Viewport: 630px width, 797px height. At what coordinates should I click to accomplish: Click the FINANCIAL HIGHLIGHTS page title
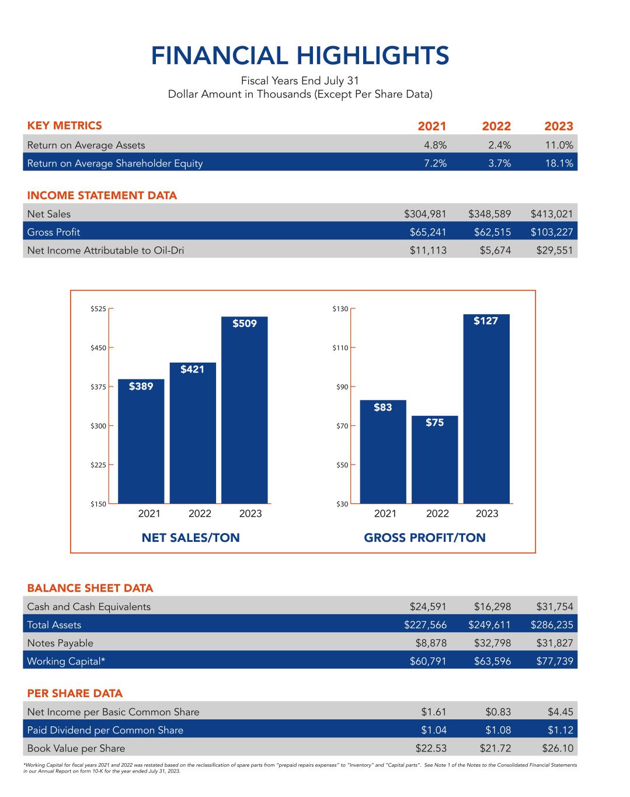tap(300, 56)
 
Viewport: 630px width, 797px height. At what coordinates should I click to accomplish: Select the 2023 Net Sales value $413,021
tap(552, 214)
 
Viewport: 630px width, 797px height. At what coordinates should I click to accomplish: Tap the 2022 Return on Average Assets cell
tap(499, 145)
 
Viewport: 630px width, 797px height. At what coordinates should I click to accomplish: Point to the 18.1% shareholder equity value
tap(559, 163)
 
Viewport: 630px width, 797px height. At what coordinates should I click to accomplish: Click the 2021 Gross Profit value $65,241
tap(428, 232)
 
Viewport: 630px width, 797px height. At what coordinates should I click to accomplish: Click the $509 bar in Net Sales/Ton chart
tap(244, 409)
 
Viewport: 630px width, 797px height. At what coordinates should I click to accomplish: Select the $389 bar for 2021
tap(141, 441)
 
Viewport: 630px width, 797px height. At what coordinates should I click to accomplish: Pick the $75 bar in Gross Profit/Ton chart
tap(434, 459)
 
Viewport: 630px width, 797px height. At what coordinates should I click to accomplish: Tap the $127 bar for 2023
tap(486, 409)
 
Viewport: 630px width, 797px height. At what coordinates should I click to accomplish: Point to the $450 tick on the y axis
tap(98, 348)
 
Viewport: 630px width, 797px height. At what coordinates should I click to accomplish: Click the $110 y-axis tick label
tap(340, 348)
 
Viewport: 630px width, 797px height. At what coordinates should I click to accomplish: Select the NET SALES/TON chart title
tap(190, 538)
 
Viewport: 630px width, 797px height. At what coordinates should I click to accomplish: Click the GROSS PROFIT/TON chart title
tap(424, 538)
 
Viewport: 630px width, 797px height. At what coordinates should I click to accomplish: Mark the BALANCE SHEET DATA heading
tap(90, 588)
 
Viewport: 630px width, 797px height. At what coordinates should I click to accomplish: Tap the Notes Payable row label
tap(60, 643)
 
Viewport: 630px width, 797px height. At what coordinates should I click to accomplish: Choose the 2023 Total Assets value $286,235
tap(552, 625)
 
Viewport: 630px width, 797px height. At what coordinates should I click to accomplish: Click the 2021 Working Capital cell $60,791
tap(428, 662)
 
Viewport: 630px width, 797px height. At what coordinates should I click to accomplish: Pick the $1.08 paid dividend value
tap(498, 730)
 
